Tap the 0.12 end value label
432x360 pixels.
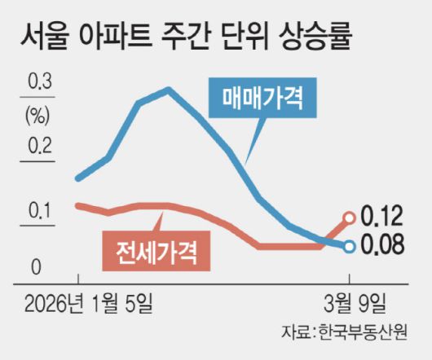[381, 216]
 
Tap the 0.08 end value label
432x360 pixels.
[381, 244]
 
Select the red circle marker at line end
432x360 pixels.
[350, 217]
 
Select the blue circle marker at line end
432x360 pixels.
[350, 246]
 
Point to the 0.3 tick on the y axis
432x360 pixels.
[39, 82]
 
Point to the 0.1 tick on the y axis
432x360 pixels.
[39, 212]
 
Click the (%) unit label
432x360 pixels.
[37, 115]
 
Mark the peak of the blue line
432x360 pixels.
[168, 89]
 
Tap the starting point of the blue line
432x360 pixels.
[77, 178]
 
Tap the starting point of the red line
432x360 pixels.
[77, 204]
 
